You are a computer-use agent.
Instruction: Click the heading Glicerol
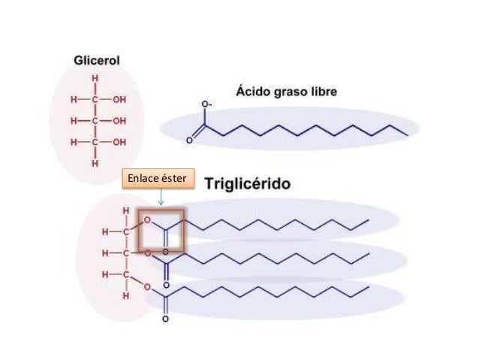pos(97,60)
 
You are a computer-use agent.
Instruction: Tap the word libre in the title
pos(325,92)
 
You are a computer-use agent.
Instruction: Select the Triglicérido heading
pos(248,184)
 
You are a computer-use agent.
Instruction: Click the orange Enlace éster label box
pos(158,178)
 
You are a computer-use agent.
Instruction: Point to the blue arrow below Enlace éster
pos(161,197)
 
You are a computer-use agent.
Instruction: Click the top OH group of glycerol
pos(119,99)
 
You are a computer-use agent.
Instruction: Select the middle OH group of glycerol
pos(119,121)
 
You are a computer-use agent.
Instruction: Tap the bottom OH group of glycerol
pos(119,142)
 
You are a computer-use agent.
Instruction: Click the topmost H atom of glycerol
pos(95,79)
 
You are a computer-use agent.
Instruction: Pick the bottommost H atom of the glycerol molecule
pos(95,164)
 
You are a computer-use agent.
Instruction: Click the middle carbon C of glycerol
pos(95,121)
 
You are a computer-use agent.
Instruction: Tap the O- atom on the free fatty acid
pos(206,104)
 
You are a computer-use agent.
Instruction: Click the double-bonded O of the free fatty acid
pos(189,141)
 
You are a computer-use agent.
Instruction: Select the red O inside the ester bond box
pos(147,220)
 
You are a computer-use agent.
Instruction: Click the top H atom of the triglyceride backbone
pos(126,210)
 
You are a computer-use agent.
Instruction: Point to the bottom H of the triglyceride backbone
pos(126,296)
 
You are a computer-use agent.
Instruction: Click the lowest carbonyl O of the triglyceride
pos(165,319)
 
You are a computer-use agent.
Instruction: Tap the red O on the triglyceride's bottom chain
pos(147,287)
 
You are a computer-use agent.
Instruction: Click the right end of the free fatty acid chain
pos(408,135)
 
